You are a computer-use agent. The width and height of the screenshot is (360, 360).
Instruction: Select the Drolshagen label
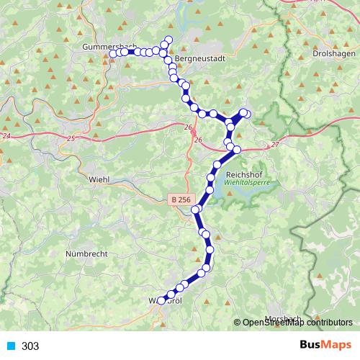tap(331, 53)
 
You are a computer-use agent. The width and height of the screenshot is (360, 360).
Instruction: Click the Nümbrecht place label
tap(89, 254)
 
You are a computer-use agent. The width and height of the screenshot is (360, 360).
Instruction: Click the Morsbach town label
tap(282, 318)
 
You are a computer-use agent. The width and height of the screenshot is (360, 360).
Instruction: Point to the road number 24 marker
tap(6, 135)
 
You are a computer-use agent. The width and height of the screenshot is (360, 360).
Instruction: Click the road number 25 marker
tap(70, 138)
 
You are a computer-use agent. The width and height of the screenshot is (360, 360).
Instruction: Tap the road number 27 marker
tap(274, 145)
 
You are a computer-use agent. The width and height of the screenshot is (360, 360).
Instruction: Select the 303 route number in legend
tap(30, 346)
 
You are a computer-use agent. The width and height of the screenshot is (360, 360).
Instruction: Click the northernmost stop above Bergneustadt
tap(169, 40)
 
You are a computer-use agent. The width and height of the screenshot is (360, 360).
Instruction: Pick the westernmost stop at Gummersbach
tap(113, 53)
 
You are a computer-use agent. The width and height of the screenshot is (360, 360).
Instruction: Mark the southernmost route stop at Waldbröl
tap(162, 299)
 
